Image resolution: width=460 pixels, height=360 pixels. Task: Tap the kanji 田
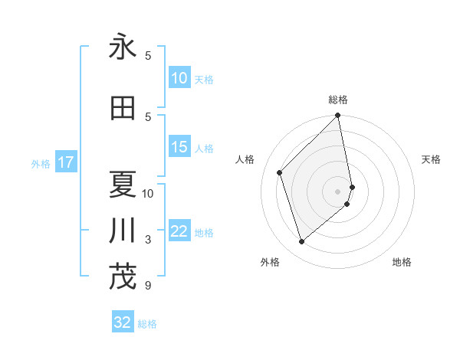[123, 107]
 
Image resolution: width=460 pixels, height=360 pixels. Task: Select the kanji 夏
[123, 184]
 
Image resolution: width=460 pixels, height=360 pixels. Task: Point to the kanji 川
[123, 231]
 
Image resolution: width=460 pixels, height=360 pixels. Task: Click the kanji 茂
[123, 277]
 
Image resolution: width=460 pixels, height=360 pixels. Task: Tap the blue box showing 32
[123, 322]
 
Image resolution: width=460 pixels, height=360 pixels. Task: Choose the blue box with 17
[65, 162]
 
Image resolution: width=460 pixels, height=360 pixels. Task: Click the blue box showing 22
[179, 231]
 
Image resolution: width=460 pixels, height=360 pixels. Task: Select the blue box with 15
[179, 147]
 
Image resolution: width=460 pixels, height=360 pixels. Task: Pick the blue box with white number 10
[179, 78]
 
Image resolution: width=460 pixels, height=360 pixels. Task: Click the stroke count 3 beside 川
[148, 240]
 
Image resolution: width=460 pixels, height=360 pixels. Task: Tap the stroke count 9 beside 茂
[147, 286]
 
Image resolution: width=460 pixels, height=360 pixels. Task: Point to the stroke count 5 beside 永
[148, 55]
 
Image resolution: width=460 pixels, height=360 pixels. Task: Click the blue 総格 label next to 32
[147, 324]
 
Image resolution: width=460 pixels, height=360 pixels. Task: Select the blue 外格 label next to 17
[41, 163]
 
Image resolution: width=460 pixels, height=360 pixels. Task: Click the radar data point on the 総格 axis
[338, 116]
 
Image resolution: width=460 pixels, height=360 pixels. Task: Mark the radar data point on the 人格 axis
[280, 172]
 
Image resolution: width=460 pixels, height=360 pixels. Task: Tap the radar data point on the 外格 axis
[302, 242]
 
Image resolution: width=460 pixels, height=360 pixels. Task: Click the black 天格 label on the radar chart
[431, 159]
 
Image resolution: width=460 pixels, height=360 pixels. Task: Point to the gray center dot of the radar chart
[338, 191]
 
